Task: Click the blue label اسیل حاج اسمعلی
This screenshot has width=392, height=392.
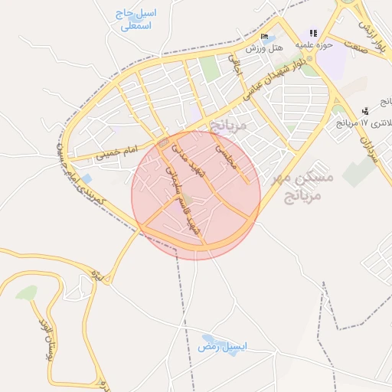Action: pos(136,20)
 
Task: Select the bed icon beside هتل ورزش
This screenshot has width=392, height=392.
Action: pos(264,37)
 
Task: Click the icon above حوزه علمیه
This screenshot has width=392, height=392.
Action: pos(312,33)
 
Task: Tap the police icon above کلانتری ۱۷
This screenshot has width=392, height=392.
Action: pos(365,111)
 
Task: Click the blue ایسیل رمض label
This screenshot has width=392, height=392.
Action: pos(223,347)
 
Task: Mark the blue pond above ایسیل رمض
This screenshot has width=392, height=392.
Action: pos(208,337)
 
